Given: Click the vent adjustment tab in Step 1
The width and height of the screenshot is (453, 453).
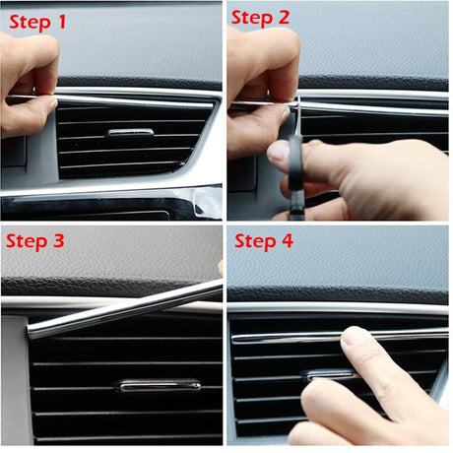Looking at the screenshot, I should click(129, 132).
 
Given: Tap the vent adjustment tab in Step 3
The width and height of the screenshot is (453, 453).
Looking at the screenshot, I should click(158, 385).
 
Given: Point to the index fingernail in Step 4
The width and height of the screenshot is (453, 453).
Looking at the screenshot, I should click(356, 339).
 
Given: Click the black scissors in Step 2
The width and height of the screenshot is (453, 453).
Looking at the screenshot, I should click(291, 148).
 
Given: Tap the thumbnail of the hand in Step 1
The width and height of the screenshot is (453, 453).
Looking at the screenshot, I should click(46, 102).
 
